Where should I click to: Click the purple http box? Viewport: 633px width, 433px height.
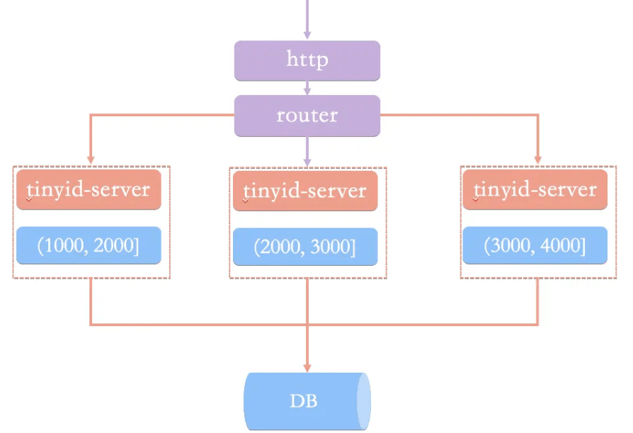click(x=307, y=60)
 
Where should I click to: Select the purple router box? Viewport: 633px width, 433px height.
click(x=307, y=116)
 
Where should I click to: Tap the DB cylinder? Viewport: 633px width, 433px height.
click(x=307, y=401)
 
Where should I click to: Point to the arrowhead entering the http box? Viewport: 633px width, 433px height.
click(x=307, y=35)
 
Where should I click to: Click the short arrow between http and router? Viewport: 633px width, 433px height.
click(x=307, y=88)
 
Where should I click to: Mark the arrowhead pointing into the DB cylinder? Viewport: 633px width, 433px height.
click(x=307, y=367)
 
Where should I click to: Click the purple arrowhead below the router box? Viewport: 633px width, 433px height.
click(x=307, y=162)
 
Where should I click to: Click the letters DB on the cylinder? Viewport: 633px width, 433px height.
click(x=304, y=401)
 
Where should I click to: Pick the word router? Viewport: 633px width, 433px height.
click(x=307, y=116)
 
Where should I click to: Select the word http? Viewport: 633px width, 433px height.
click(x=307, y=60)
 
